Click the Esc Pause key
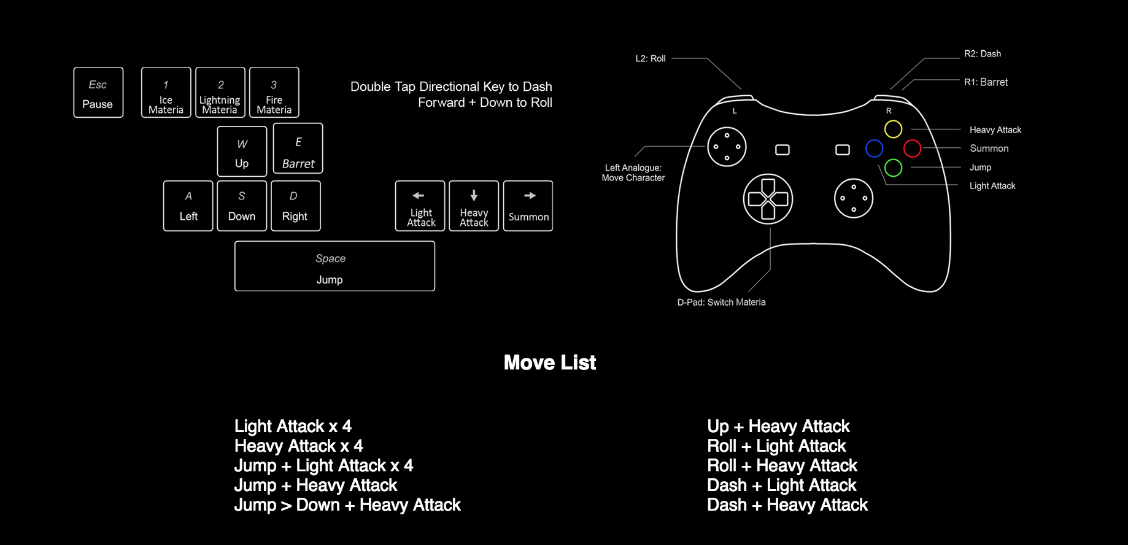(x=98, y=93)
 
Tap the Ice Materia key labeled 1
(x=166, y=93)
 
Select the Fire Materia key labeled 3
(x=274, y=93)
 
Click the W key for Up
(x=242, y=152)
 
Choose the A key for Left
(x=188, y=206)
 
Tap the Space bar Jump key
(x=334, y=266)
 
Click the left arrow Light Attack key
(x=420, y=206)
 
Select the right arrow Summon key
(x=528, y=206)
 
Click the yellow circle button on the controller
(x=893, y=129)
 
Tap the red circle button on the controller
(x=912, y=149)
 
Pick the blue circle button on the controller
(x=874, y=149)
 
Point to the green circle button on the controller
(x=893, y=168)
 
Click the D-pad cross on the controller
(x=768, y=199)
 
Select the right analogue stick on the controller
(x=853, y=198)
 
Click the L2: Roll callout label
(x=650, y=59)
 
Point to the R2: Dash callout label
(x=982, y=54)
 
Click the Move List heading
(x=549, y=363)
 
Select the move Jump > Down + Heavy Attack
(x=347, y=505)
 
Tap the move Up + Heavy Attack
(x=778, y=427)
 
